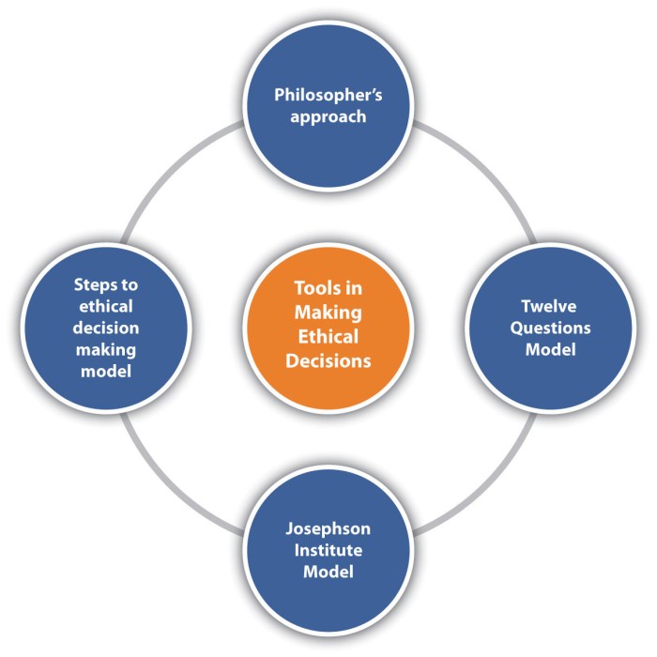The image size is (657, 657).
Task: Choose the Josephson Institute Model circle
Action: pos(327,545)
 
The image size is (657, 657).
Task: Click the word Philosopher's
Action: pos(327,95)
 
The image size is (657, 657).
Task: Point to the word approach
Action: pos(327,118)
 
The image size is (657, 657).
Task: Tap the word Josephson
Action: pos(327,527)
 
